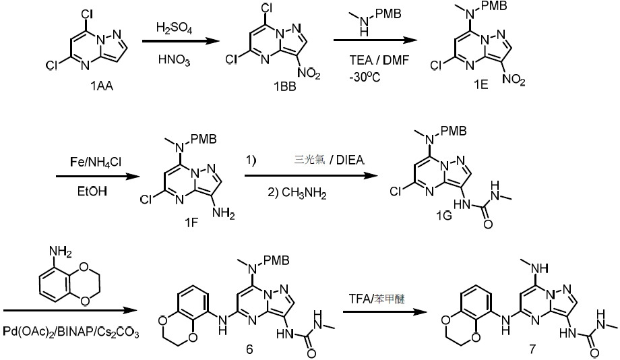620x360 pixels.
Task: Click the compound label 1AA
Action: pyautogui.click(x=102, y=86)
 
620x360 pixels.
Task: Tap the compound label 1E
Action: pyautogui.click(x=480, y=84)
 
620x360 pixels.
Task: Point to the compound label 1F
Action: pyautogui.click(x=191, y=223)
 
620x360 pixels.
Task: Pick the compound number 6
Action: pyautogui.click(x=249, y=349)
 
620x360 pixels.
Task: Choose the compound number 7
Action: pyautogui.click(x=532, y=349)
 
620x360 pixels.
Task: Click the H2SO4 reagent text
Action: pyautogui.click(x=174, y=28)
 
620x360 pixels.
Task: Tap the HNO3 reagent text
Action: pyautogui.click(x=174, y=60)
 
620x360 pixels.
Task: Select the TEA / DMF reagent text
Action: pyautogui.click(x=379, y=60)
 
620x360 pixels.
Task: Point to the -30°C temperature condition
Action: pyautogui.click(x=365, y=77)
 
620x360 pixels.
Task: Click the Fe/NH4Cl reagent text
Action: pyautogui.click(x=96, y=162)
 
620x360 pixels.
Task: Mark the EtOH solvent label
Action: pyautogui.click(x=92, y=191)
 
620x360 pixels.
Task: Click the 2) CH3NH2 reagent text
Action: pyautogui.click(x=297, y=193)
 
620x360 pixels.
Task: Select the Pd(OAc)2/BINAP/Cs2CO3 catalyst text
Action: pyautogui.click(x=71, y=332)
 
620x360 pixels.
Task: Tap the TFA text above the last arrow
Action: pyautogui.click(x=359, y=299)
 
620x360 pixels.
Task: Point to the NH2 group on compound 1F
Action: pyautogui.click(x=224, y=214)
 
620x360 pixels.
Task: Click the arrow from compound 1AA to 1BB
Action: pyautogui.click(x=181, y=41)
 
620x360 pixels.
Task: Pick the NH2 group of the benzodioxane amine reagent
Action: pyautogui.click(x=60, y=251)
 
